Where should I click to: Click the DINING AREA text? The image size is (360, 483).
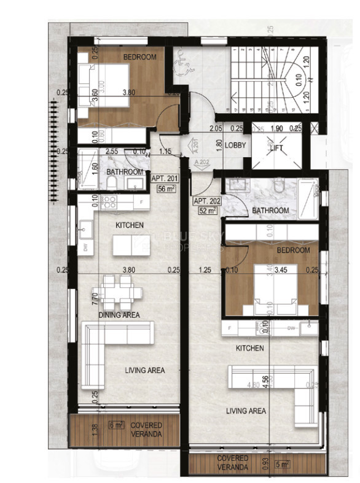pos(119,315)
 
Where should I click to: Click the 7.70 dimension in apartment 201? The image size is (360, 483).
pos(95,299)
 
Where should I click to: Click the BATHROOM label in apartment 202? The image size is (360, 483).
pos(271,211)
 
